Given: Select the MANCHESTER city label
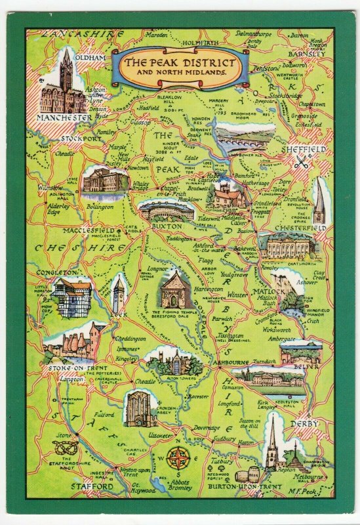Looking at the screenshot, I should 64,117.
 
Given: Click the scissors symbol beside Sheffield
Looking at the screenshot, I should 301,163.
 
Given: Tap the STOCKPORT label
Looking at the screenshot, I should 82,139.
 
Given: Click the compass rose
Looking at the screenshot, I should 176,457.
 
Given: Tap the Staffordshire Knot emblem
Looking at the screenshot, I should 67,447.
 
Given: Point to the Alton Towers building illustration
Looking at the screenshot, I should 169,360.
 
